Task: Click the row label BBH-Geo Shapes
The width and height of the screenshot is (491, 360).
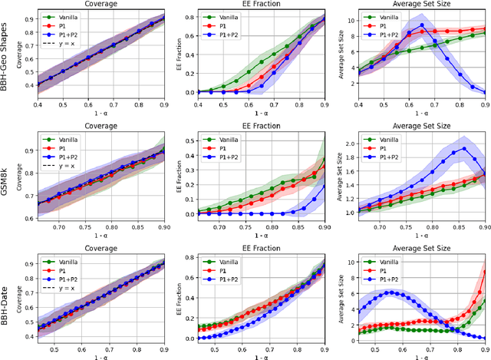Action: coord(6,58)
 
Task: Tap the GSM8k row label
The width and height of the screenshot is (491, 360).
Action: coord(6,180)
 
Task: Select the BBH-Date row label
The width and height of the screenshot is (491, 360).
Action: coord(6,299)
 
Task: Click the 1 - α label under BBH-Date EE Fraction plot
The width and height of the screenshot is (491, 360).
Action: coord(260,355)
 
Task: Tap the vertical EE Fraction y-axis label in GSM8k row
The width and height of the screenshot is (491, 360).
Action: coord(171,180)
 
